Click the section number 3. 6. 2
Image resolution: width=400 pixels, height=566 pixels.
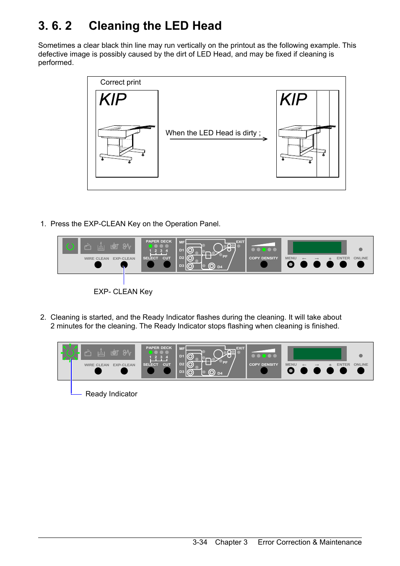coord(55,26)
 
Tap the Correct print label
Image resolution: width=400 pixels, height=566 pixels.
coord(120,82)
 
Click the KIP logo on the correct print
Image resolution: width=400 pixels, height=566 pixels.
coord(113,100)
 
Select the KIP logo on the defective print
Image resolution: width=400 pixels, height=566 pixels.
coord(293,100)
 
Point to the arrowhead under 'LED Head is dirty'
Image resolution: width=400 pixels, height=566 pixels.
coord(265,139)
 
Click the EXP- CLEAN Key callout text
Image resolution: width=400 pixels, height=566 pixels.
coord(123,292)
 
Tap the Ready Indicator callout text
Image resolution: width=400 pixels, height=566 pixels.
coord(111,394)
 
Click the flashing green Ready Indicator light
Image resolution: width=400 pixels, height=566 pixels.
coord(70,353)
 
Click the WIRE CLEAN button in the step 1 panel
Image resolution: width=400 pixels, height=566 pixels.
coord(98,265)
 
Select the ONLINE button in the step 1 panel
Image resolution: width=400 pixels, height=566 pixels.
coord(361,264)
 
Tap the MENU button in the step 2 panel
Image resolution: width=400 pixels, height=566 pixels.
coord(291,371)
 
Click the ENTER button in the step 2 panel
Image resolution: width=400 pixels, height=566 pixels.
coord(343,371)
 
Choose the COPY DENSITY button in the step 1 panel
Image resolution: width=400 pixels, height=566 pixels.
coord(264,264)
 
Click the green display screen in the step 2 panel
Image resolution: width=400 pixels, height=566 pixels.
coord(317,354)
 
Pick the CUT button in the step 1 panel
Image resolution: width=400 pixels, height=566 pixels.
coord(167,264)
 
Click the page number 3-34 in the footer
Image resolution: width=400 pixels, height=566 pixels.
coord(200,542)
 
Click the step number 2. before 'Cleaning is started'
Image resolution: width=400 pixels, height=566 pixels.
coord(43,317)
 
